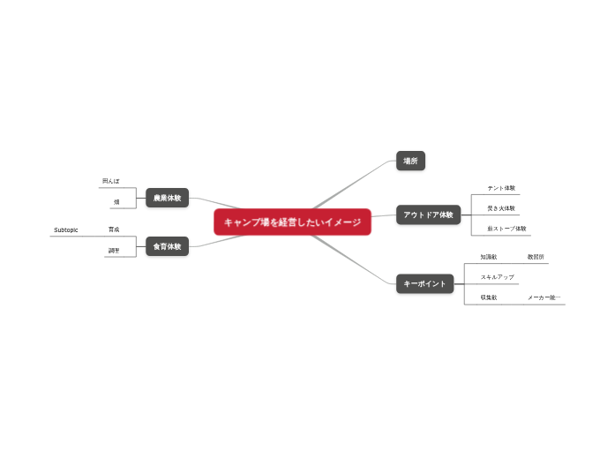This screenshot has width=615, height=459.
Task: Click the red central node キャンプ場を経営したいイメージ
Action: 292,222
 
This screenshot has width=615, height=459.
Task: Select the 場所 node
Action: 410,162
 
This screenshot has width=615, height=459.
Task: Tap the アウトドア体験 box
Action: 428,214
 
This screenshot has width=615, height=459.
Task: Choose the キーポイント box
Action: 425,283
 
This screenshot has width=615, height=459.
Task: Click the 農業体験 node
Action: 167,199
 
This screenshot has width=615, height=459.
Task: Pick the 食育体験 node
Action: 167,247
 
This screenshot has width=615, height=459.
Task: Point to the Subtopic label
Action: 66,230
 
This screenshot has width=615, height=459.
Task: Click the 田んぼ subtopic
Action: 111,181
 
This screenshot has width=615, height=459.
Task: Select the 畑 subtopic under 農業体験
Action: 116,202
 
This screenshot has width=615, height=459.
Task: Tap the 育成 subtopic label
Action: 114,229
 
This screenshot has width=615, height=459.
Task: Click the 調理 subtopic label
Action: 114,251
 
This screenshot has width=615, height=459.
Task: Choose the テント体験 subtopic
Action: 501,188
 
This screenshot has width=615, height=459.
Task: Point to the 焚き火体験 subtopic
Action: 501,208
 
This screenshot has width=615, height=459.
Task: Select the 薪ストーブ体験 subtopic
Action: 506,229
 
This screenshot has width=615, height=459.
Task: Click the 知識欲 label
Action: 489,257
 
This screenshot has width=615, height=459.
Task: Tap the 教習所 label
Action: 536,257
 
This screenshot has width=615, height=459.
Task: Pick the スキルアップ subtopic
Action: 497,277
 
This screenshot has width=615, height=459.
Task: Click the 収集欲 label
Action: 489,297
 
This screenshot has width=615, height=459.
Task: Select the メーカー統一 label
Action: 544,297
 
